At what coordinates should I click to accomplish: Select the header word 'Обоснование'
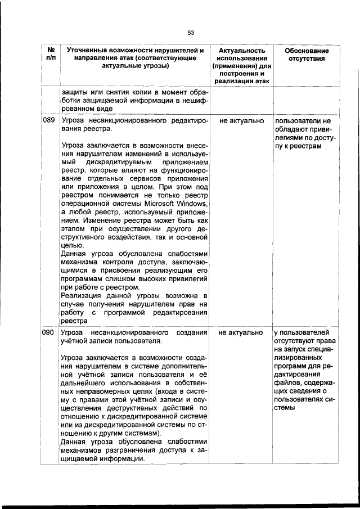click(x=307, y=51)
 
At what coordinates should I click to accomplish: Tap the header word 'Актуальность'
click(x=241, y=51)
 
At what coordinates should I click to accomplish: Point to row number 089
click(x=48, y=121)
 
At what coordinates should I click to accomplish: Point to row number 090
click(x=48, y=333)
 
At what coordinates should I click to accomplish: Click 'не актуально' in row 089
click(x=241, y=121)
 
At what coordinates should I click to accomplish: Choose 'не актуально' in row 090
click(x=241, y=333)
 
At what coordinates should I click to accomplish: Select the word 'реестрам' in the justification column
click(x=306, y=146)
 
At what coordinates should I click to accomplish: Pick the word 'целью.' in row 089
click(x=73, y=245)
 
